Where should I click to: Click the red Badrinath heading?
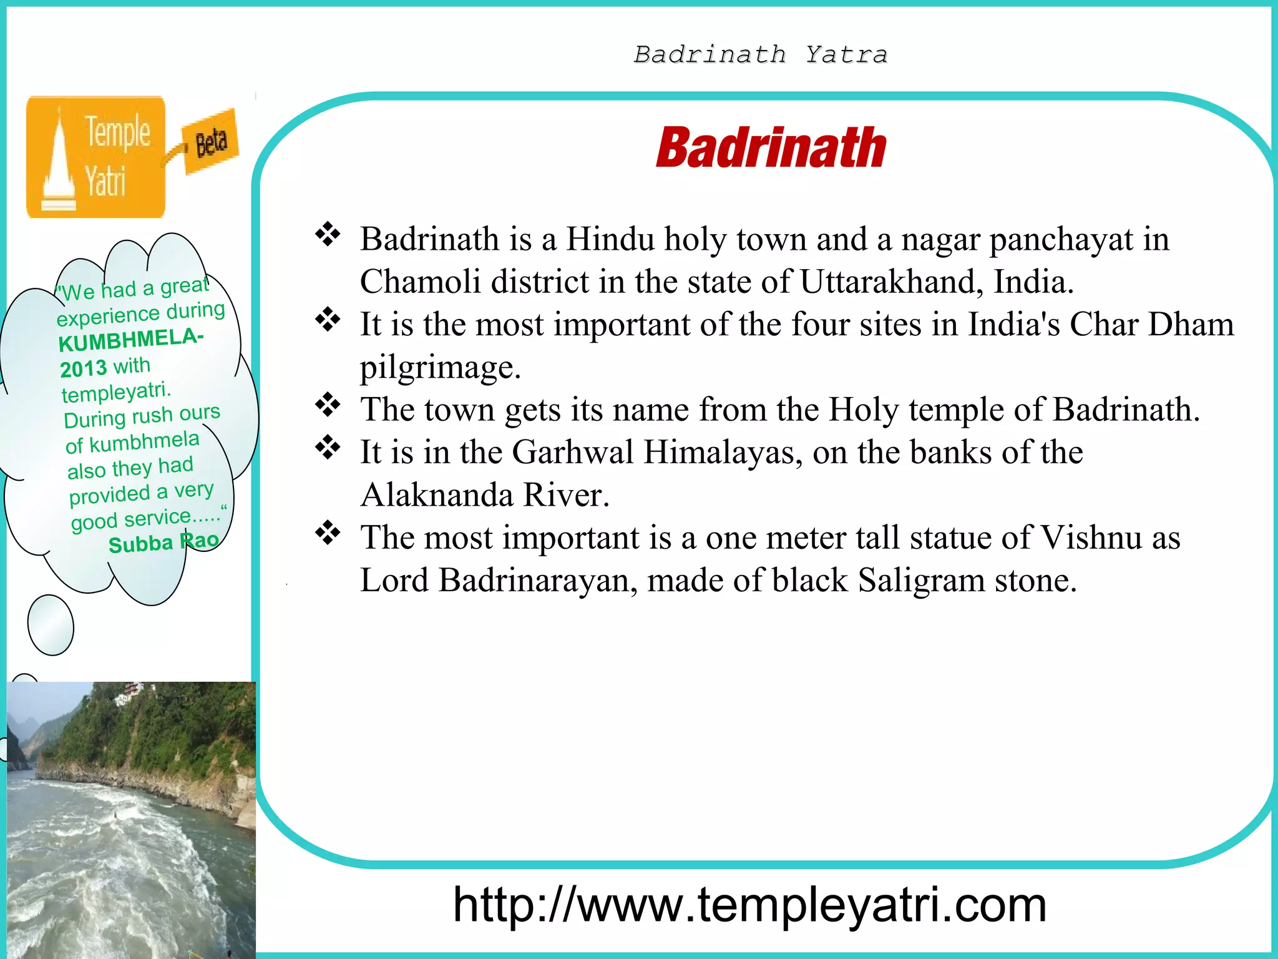point(771,148)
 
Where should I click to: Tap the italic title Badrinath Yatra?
point(760,55)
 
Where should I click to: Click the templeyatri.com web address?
point(749,905)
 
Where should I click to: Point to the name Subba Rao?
point(163,543)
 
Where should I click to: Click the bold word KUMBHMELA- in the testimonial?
point(130,340)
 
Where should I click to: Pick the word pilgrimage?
point(440,367)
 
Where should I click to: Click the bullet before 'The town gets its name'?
point(328,405)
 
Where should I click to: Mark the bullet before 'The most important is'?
point(328,533)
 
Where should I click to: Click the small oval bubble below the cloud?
point(51,625)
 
